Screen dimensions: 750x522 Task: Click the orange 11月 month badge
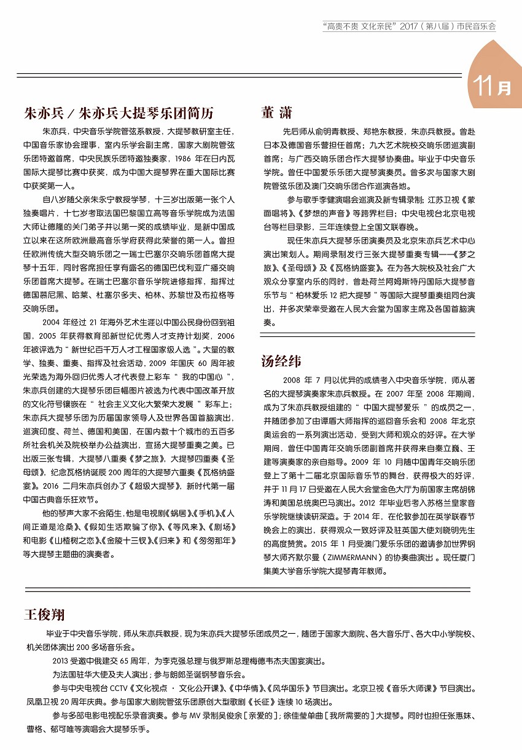493,85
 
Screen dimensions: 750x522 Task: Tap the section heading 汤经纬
281,360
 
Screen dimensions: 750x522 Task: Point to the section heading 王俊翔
44,615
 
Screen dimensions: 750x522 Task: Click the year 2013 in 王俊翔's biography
61,662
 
